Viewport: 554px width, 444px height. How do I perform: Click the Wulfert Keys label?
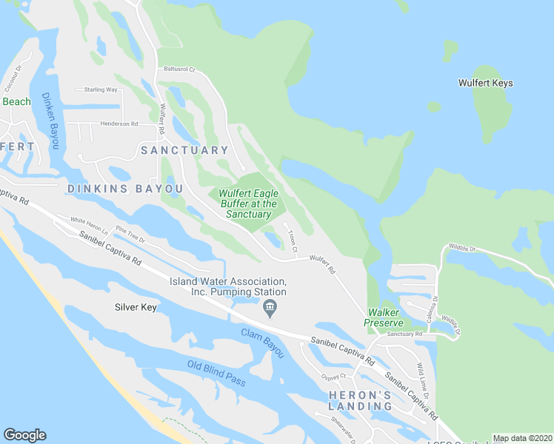point(485,83)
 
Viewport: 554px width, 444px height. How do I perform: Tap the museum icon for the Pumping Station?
point(270,307)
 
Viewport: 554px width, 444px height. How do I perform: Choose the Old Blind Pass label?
point(216,373)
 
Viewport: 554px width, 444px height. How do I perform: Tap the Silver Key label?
point(136,307)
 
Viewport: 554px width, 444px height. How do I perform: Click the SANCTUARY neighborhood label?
point(185,150)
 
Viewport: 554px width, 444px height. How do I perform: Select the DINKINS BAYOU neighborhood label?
point(124,189)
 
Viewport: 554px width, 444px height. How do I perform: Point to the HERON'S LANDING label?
point(360,400)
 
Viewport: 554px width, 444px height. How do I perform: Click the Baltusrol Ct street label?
point(178,70)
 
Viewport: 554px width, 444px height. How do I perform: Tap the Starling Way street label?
point(101,90)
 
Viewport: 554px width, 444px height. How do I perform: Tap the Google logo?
point(24,435)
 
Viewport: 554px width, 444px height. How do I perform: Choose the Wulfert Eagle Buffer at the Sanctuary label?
point(248,203)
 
